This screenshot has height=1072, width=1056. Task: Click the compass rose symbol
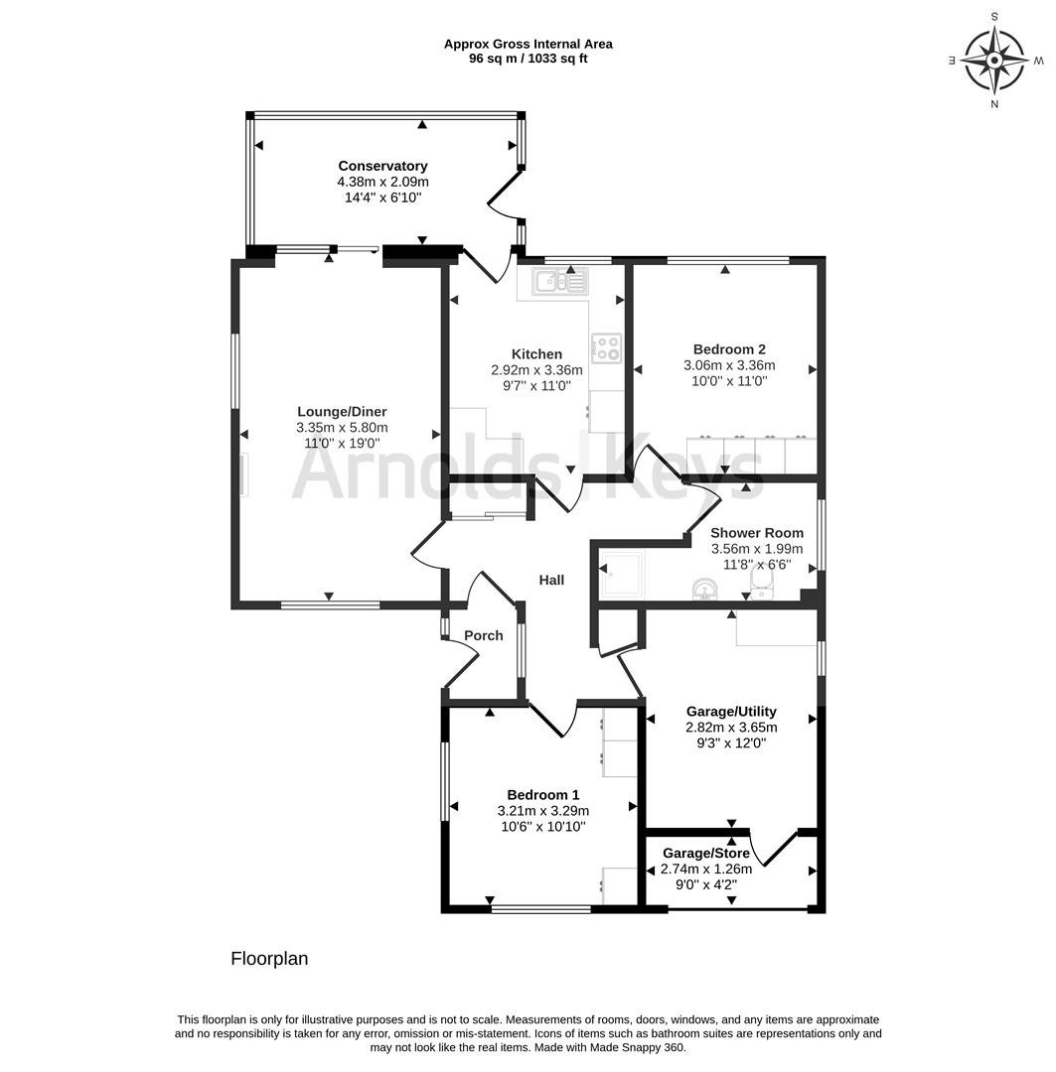click(x=994, y=61)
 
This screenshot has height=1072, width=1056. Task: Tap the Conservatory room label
click(x=382, y=166)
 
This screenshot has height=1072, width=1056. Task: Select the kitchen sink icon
click(x=562, y=280)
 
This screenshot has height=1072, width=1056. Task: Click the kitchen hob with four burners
click(x=606, y=347)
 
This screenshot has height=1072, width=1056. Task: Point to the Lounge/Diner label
click(x=342, y=412)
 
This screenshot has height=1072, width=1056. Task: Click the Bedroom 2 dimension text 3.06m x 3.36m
click(x=729, y=365)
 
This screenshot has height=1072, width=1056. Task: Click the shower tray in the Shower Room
click(x=622, y=575)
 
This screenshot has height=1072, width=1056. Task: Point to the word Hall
click(x=551, y=580)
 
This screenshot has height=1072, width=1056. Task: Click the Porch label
click(x=483, y=635)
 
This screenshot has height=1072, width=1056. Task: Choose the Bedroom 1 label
click(x=542, y=794)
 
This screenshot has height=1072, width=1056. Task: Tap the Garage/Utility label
click(x=731, y=711)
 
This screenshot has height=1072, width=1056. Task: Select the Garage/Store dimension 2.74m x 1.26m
click(x=705, y=869)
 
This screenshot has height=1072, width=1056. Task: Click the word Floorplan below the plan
click(x=269, y=959)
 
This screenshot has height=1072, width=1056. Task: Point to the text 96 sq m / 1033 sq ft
click(x=528, y=59)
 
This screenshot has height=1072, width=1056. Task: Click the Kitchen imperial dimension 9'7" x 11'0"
click(x=536, y=385)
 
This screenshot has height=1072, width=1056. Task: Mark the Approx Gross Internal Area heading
click(x=528, y=44)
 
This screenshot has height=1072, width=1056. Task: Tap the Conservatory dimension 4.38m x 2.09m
click(x=382, y=182)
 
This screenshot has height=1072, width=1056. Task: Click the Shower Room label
click(x=757, y=533)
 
